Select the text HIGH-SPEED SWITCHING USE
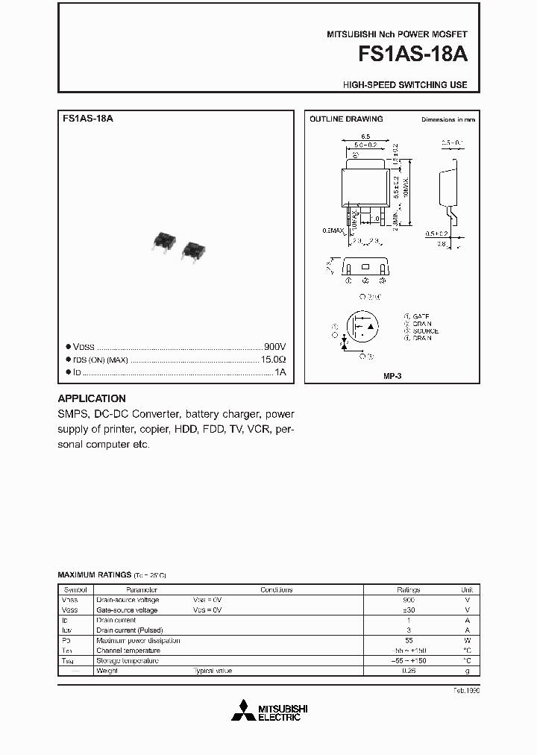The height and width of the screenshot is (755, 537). [405, 85]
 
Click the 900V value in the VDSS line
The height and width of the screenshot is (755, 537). [275, 348]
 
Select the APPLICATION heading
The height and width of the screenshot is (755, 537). [92, 398]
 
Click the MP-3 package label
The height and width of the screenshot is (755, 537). [392, 377]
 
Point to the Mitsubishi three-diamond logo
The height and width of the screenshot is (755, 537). [242, 710]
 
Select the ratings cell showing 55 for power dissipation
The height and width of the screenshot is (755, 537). [408, 640]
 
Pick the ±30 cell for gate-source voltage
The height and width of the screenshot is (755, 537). [408, 610]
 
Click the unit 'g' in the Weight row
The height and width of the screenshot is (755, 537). [467, 671]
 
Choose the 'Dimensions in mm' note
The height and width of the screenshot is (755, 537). [448, 119]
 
